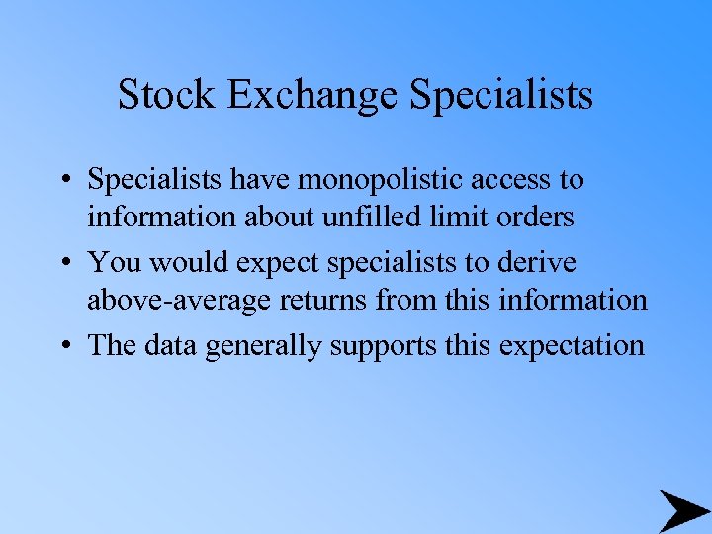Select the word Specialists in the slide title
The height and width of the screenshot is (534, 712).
coord(501,95)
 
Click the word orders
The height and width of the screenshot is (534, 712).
coord(538,216)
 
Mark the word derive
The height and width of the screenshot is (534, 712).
coord(540,263)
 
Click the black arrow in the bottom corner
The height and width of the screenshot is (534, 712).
coord(682,511)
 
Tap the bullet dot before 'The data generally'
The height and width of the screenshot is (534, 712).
coord(63,346)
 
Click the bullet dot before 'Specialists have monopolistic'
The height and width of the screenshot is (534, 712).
coord(63,181)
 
